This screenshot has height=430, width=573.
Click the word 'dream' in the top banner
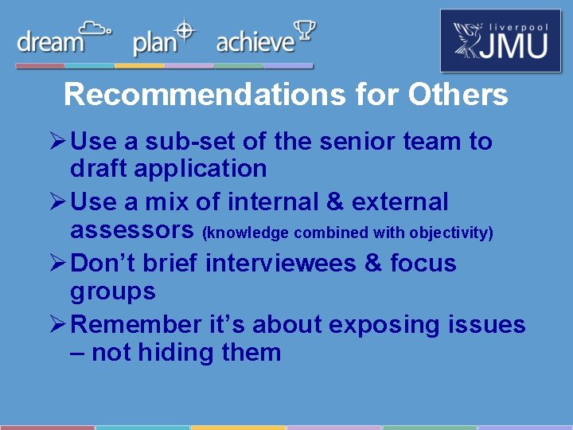pos(50,42)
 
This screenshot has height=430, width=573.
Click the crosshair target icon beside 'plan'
pos(185,31)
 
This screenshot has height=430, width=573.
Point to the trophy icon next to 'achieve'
pos(304,32)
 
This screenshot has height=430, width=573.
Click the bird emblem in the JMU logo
pos(468,41)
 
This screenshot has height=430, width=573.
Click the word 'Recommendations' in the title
pos(205,95)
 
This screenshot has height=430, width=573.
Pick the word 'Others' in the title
pos(458,95)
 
